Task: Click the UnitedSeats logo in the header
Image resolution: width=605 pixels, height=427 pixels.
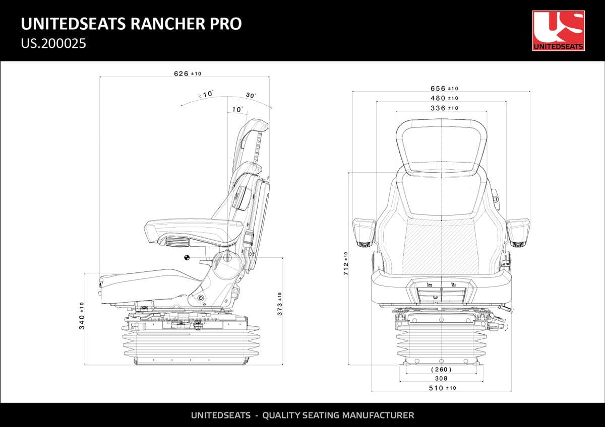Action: (x=558, y=31)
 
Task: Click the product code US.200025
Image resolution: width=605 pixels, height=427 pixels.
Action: (x=53, y=43)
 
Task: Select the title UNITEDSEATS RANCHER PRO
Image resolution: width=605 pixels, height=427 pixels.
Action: (x=131, y=24)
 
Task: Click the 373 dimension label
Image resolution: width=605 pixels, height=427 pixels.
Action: (x=280, y=304)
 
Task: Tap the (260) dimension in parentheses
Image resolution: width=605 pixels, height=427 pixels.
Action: (x=441, y=370)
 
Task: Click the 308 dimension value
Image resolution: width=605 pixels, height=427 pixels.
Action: (x=441, y=378)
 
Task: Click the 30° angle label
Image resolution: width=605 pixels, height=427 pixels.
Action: (x=251, y=95)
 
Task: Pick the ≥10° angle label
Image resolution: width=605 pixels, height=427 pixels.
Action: (x=205, y=94)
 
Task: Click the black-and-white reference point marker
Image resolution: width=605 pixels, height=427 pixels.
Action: (x=187, y=258)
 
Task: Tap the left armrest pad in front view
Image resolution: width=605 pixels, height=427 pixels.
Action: (x=364, y=231)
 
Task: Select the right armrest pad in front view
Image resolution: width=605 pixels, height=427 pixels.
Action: (x=518, y=231)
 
